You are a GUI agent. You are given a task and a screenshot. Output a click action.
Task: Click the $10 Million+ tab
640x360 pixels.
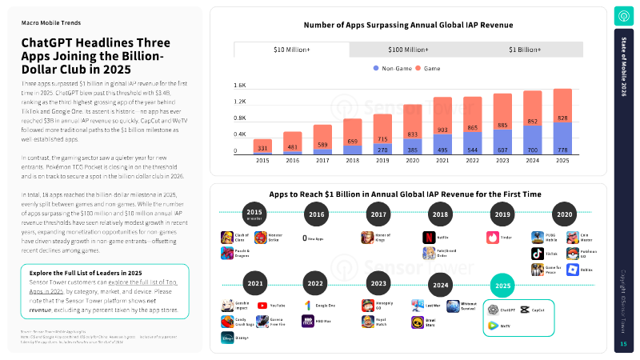tap(292, 50)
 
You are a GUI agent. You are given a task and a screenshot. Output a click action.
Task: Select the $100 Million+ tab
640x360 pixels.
tap(408, 50)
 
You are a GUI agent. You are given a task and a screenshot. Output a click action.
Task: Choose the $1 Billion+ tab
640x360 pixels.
tap(524, 50)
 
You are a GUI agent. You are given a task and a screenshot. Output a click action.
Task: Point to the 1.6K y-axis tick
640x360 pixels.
tap(239, 85)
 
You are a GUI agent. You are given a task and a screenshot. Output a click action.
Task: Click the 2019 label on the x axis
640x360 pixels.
tap(382, 160)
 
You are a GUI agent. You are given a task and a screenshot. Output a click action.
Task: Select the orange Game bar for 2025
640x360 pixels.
tap(562, 105)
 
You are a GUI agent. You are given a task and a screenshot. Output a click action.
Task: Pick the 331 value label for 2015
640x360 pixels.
tap(262, 148)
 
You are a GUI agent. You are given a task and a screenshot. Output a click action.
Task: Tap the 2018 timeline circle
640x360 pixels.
tap(439, 215)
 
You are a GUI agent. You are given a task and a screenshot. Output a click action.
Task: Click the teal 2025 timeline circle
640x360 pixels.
tap(502, 285)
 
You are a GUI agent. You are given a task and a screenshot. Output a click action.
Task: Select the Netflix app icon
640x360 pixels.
tap(429, 238)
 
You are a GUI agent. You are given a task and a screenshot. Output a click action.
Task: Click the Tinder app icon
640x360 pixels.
tap(492, 238)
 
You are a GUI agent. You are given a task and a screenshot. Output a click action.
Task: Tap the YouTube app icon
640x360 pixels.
tap(262, 306)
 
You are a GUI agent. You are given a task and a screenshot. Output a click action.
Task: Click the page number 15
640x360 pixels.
tap(623, 344)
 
